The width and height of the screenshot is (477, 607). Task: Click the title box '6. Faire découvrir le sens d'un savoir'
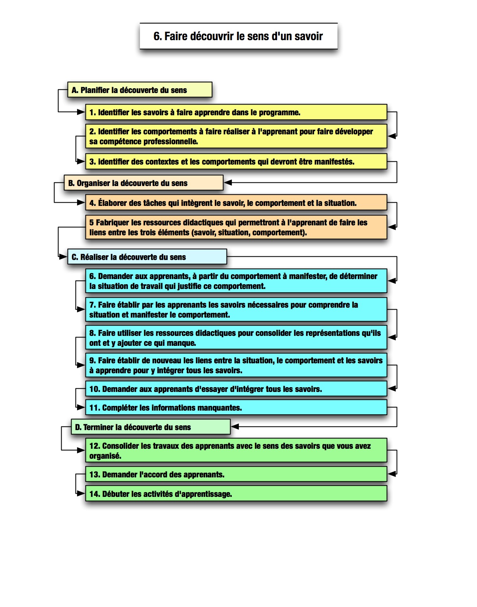point(238,36)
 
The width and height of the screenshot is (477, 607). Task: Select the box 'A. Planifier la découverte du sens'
point(140,90)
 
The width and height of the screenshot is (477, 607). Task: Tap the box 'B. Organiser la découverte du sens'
point(143,183)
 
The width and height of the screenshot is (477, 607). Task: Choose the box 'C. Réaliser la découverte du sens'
point(147,257)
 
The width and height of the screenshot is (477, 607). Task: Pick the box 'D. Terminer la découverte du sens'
point(151,427)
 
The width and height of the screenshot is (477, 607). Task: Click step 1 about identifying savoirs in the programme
point(236,112)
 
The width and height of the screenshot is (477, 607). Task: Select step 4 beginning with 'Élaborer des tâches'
point(236,202)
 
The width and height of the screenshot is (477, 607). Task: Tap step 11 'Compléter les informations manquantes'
point(236,407)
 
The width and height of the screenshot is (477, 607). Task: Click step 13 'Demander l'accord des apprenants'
point(236,474)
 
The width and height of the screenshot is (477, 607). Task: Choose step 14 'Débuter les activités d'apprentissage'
point(236,493)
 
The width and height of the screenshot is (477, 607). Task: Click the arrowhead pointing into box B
point(228,183)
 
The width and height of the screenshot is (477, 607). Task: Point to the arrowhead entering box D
point(235,427)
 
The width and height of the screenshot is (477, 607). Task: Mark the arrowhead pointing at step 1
point(81,112)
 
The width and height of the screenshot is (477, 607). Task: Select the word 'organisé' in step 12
point(105,456)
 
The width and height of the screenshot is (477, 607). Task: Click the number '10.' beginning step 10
point(95,389)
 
